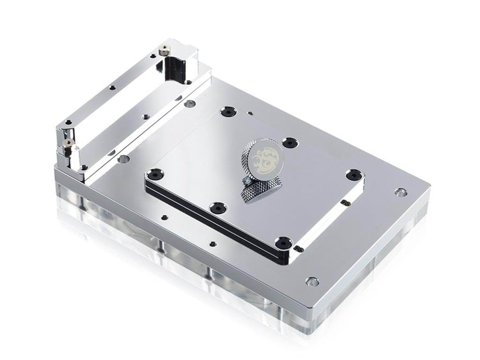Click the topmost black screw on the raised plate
point(227,112)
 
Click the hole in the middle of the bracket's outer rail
point(112,88)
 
